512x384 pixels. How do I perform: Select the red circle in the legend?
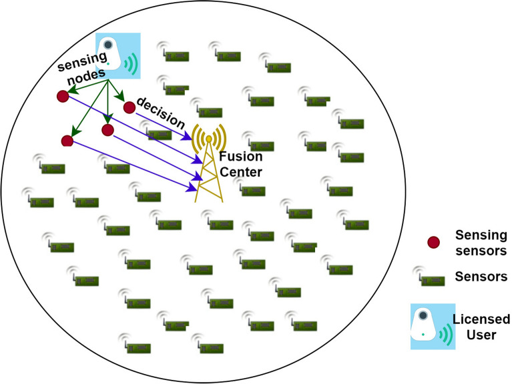(434, 241)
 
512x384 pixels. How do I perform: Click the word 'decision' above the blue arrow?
(160, 113)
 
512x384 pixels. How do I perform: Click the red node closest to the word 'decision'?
(130, 107)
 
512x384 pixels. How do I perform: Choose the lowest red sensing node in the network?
(67, 140)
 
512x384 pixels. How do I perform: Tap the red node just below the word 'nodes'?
(62, 97)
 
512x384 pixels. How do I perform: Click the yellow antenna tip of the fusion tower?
(209, 139)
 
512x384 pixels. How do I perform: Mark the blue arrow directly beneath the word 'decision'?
(164, 127)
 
